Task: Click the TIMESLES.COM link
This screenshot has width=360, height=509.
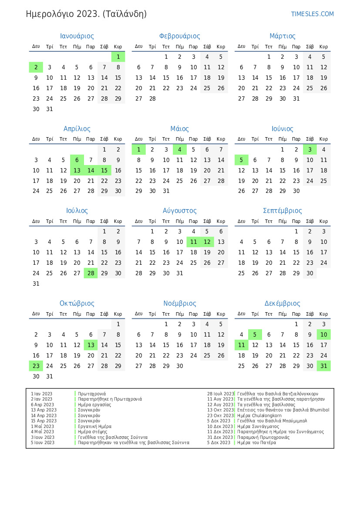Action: [312, 14]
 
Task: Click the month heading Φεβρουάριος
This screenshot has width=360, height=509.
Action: [179, 36]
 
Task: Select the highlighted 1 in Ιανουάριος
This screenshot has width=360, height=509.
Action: [118, 57]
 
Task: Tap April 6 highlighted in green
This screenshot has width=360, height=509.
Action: [77, 160]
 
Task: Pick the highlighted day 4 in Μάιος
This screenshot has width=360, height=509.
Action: [180, 149]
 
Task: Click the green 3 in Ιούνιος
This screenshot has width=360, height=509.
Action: [310, 149]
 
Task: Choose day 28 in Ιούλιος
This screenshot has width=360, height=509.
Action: [91, 273]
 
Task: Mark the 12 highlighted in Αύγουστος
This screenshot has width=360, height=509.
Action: [207, 242]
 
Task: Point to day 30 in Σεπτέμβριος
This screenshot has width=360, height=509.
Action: [310, 273]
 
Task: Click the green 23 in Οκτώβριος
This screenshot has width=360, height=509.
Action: [36, 366]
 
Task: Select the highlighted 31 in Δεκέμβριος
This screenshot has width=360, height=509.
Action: [323, 366]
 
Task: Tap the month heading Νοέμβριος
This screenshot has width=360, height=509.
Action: [179, 303]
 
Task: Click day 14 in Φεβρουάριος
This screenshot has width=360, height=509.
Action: [152, 78]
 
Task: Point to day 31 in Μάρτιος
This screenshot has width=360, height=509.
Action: [296, 98]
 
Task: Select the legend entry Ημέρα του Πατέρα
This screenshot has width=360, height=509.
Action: [256, 442]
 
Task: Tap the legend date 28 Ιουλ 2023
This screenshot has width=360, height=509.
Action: [220, 394]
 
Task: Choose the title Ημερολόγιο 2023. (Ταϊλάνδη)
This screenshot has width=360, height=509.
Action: [86, 14]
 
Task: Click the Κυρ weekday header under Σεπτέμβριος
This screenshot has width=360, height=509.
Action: [323, 221]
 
